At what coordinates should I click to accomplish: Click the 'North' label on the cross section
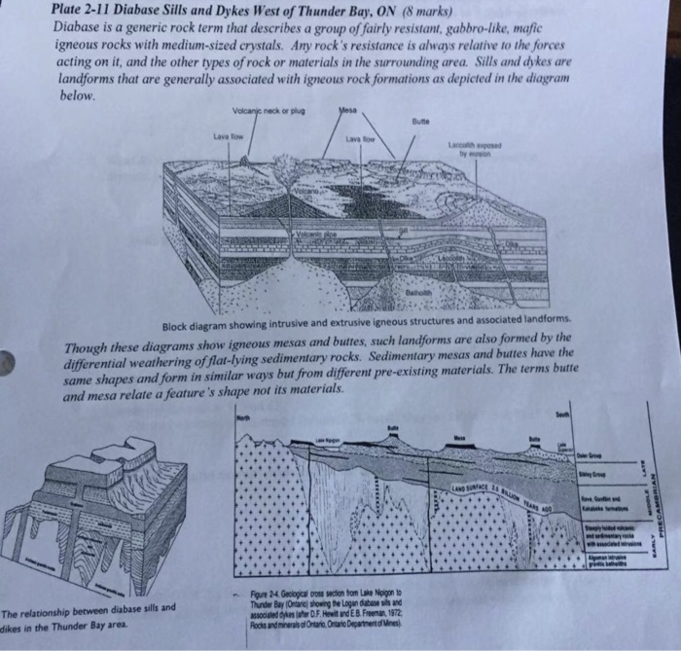tap(244, 416)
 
